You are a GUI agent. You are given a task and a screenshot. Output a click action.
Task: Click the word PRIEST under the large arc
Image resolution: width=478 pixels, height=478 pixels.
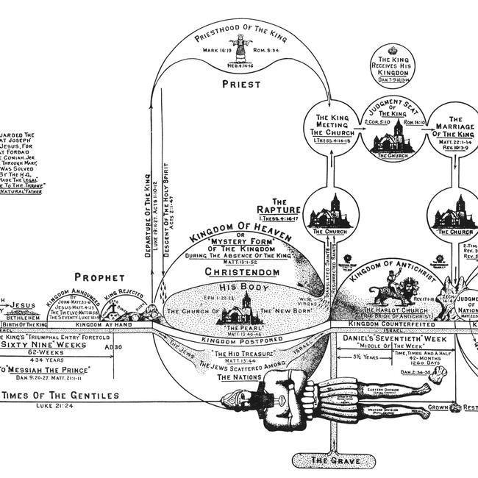[x=243, y=85]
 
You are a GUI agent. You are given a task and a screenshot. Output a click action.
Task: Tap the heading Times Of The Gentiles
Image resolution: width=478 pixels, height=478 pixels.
[x=60, y=396]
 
